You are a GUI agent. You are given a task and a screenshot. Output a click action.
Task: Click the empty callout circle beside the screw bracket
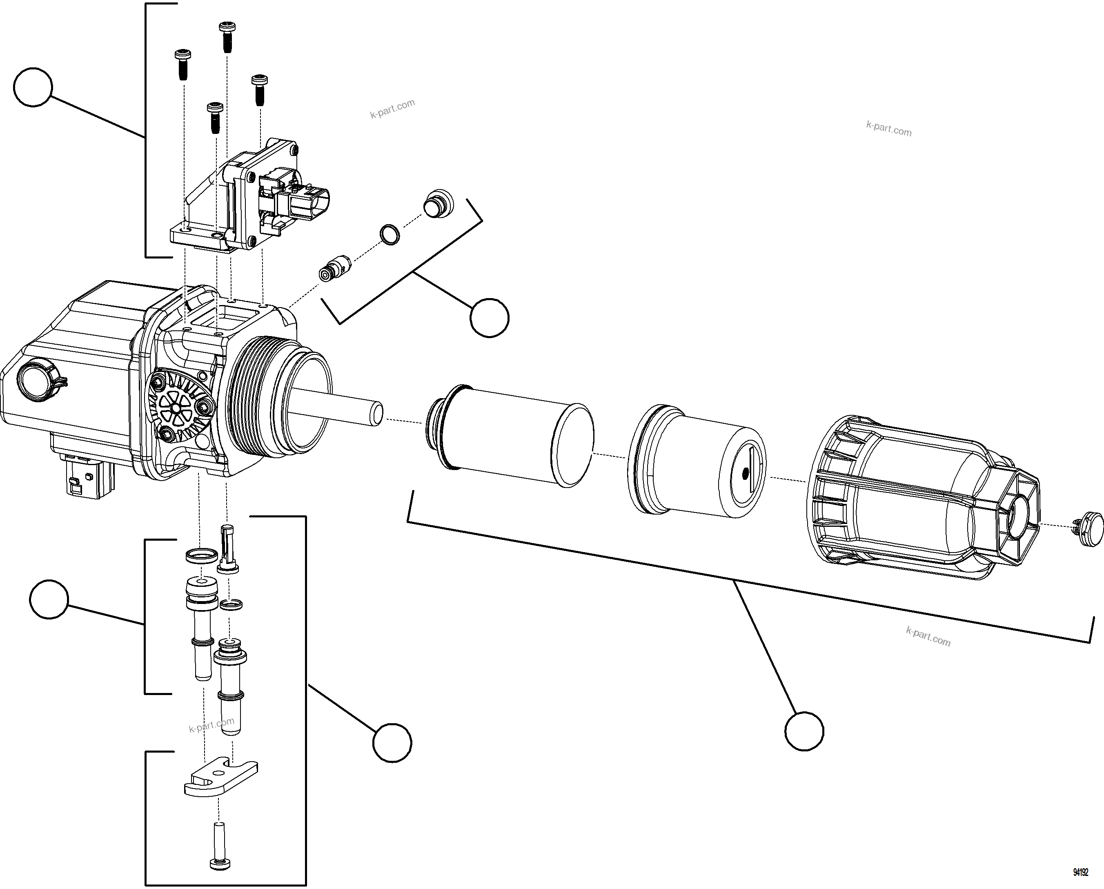[33, 87]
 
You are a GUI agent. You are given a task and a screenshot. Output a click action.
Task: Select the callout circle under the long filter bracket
[804, 731]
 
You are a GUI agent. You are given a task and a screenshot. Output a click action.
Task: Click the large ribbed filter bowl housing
[917, 497]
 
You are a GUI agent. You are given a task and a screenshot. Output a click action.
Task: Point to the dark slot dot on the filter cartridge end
[745, 473]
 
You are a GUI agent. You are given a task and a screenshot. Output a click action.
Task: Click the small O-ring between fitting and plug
[390, 234]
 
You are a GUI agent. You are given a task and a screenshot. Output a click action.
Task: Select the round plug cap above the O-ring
[438, 203]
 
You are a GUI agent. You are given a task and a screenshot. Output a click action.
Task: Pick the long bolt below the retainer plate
[220, 845]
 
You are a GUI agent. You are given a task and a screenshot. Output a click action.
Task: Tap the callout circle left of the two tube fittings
[49, 599]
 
